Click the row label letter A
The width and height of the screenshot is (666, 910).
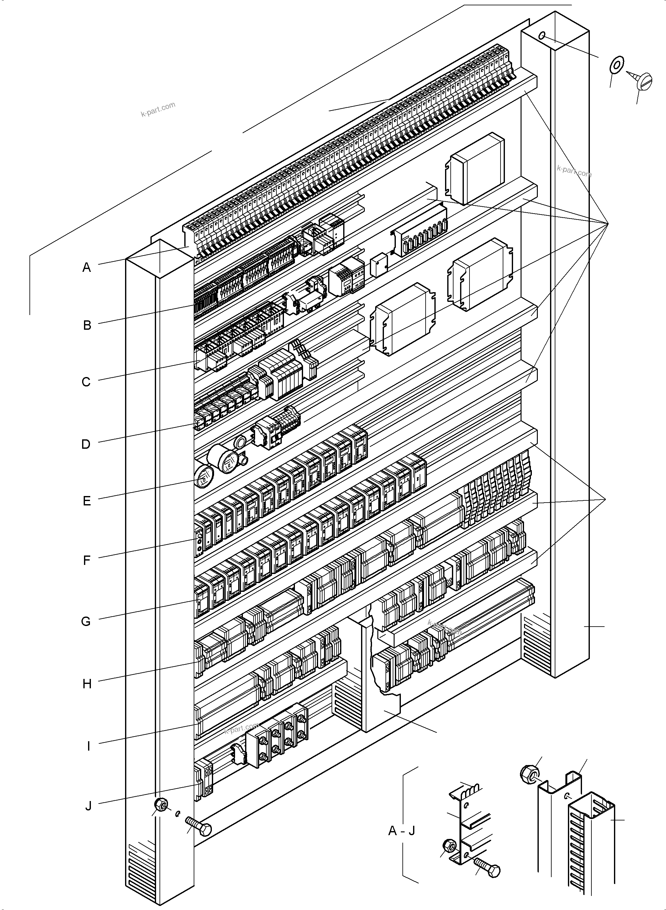[87, 267]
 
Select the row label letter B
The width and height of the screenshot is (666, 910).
[87, 325]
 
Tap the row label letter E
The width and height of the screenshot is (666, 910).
[87, 501]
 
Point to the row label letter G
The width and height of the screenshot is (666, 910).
[86, 622]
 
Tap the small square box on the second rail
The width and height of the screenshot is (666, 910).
[379, 265]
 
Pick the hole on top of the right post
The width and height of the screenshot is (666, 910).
[542, 36]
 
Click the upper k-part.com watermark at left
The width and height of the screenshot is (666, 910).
[158, 109]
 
